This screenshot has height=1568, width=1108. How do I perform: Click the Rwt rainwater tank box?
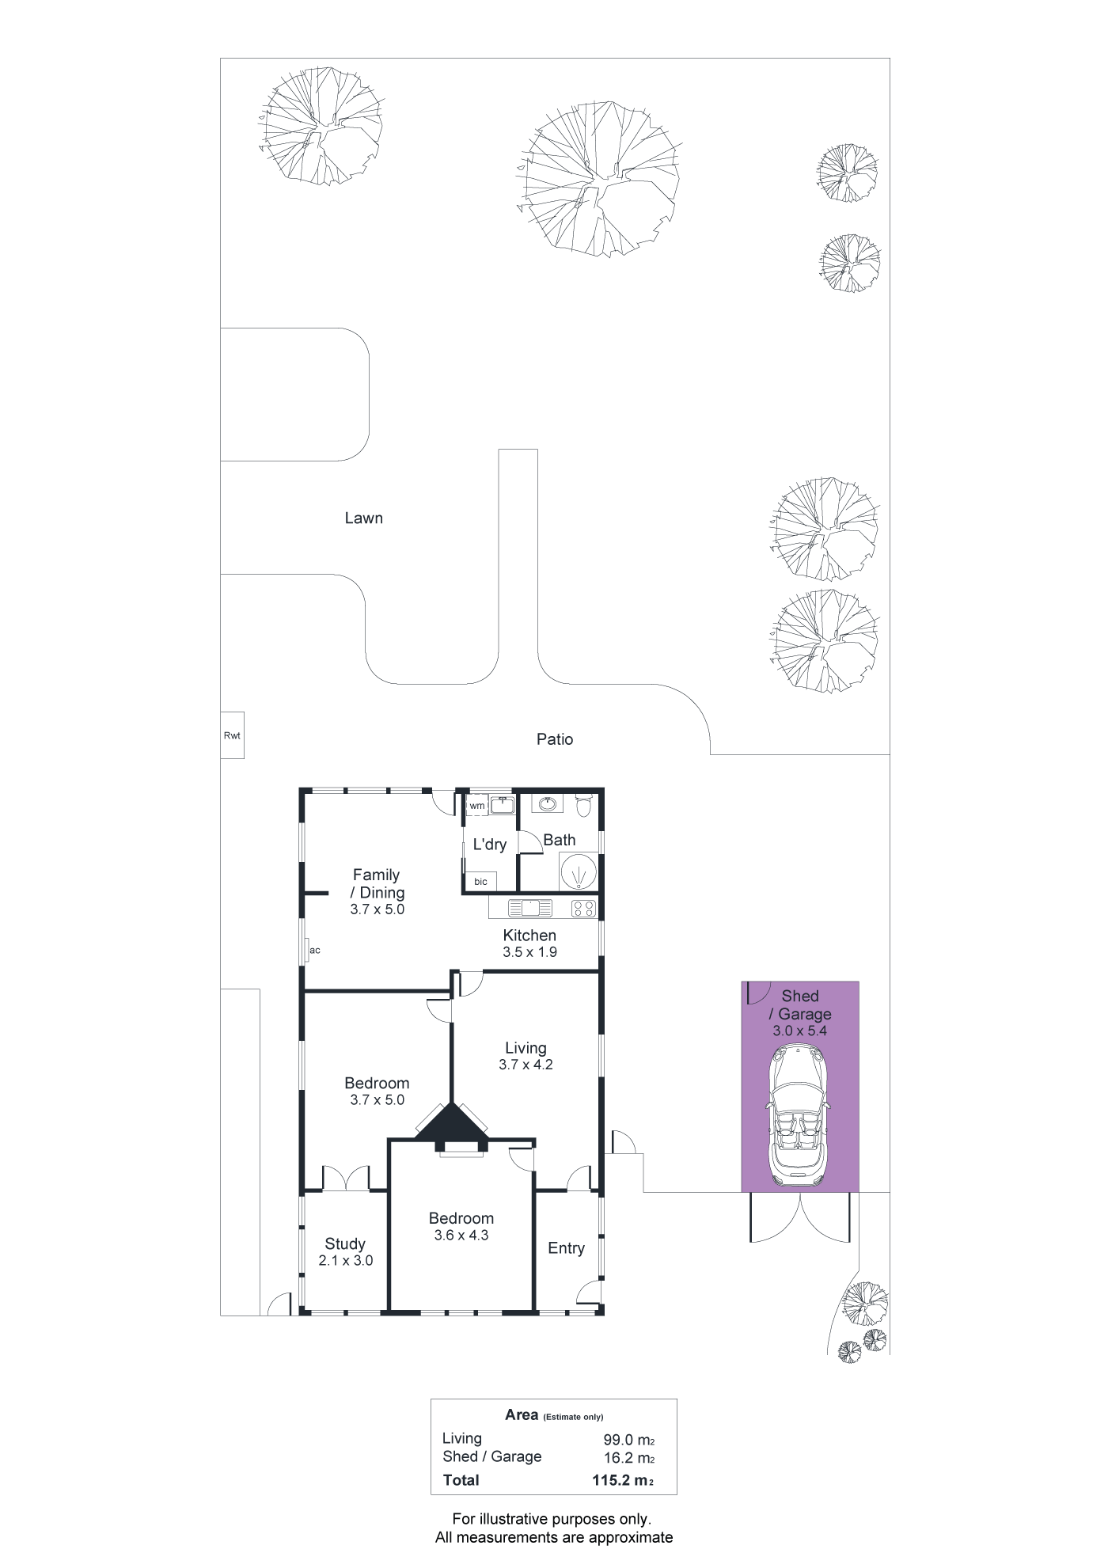pos(232,735)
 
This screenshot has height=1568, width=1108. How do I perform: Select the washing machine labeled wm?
pos(476,806)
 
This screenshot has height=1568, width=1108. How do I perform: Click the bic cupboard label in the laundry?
pos(480,881)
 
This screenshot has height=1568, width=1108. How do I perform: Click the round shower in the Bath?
pos(579,871)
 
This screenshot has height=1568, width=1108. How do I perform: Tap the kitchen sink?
pos(529,908)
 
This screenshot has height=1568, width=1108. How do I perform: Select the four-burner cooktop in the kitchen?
pos(584,909)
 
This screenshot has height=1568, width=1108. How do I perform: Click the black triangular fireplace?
pos(452,1124)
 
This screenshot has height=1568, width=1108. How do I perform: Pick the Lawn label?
pos(364,518)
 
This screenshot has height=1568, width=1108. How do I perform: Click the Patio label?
pos(555,739)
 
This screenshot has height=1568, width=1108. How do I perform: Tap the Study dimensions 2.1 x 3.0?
pos(346,1260)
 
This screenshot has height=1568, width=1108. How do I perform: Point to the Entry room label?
pos(567,1248)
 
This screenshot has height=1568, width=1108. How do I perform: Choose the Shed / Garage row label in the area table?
pos(492,1456)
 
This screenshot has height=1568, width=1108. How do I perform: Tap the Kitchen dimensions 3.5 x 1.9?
pos(529,952)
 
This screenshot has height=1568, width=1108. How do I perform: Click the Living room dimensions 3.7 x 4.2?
pos(526,1065)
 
